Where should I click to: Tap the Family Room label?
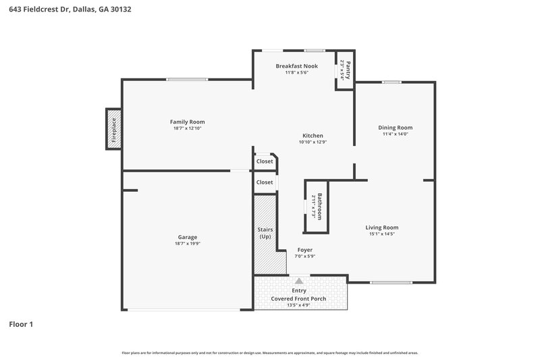[x=187, y=122]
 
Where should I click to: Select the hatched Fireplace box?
[x=113, y=128]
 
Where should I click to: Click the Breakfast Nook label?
[x=296, y=66]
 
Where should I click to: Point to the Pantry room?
[x=345, y=70]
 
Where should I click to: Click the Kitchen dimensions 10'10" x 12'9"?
[x=313, y=143]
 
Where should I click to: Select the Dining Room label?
[x=395, y=127]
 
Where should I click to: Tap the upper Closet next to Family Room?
[x=265, y=161]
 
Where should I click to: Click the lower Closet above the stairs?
[x=265, y=182]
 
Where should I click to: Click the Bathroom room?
[x=317, y=206]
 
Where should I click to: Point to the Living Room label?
[x=382, y=228]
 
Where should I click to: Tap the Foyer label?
[x=305, y=250]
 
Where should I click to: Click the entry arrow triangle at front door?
[x=299, y=280]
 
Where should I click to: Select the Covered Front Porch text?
[x=299, y=298]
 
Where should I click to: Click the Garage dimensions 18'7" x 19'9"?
[x=187, y=244]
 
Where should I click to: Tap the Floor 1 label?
[x=21, y=324]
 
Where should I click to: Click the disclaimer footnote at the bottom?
[x=270, y=353]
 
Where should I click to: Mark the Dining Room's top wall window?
[x=391, y=82]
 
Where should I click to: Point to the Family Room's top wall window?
[x=187, y=80]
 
